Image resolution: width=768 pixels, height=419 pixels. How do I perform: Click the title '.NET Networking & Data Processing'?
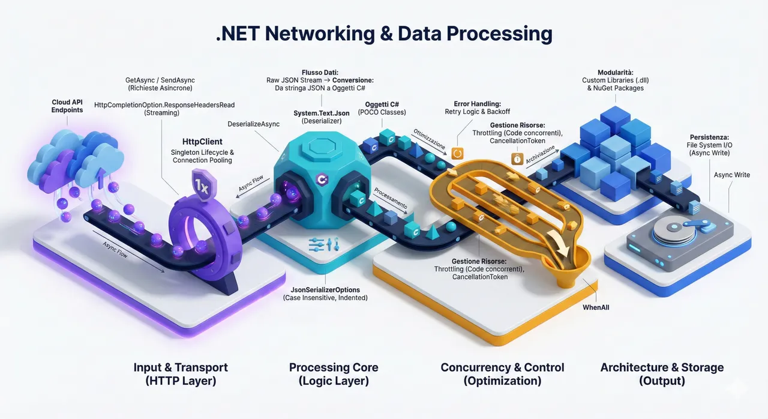[384, 34]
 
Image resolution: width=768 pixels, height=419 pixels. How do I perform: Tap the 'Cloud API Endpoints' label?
[67, 106]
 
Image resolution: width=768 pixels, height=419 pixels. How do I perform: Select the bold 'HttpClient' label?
[202, 142]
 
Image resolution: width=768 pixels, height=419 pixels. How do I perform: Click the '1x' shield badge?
[203, 185]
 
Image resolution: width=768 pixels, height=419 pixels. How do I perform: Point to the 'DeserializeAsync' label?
[253, 124]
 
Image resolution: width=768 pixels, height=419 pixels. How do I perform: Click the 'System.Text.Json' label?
[322, 113]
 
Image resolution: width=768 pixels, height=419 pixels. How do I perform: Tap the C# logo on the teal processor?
[322, 179]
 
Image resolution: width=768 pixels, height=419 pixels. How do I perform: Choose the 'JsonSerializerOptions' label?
[325, 290]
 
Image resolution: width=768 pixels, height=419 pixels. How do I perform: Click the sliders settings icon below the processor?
[323, 244]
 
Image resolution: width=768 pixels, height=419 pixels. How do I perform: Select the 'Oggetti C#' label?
[382, 104]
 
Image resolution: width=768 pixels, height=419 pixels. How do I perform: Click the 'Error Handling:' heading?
[477, 104]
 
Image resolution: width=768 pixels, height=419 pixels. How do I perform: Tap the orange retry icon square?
[457, 153]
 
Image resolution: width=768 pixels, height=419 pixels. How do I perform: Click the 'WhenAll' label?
[596, 307]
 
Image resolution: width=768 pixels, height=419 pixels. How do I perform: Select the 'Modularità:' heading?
[616, 73]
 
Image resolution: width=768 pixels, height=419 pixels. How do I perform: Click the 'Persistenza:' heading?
[709, 137]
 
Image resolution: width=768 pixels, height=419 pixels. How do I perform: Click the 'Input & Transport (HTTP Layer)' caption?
[181, 374]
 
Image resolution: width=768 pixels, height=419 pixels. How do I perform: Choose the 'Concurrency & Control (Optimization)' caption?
[502, 374]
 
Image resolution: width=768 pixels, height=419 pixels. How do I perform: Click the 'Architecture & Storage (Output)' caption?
[662, 374]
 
